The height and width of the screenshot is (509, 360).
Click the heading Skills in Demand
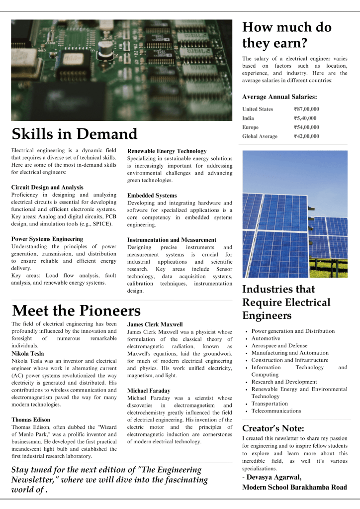pyautogui.click(x=74, y=134)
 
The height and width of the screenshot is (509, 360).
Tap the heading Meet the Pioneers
pyautogui.click(x=76, y=311)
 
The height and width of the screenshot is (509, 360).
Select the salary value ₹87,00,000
pyautogui.click(x=306, y=109)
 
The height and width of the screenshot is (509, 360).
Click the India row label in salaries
pyautogui.click(x=248, y=118)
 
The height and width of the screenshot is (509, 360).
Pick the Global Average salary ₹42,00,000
pyautogui.click(x=306, y=136)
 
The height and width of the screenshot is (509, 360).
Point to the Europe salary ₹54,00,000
pyautogui.click(x=306, y=127)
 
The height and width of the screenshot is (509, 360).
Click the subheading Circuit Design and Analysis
pyautogui.click(x=47, y=187)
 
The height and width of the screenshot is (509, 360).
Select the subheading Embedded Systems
pyautogui.click(x=152, y=196)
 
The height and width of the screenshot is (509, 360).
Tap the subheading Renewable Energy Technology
pyautogui.click(x=167, y=151)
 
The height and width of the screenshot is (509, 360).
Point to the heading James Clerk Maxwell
pyautogui.click(x=155, y=324)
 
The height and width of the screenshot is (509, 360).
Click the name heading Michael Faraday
pyautogui.click(x=149, y=391)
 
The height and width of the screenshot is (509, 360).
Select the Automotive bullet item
pyautogui.click(x=266, y=338)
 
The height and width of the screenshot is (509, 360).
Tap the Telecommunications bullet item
pyautogui.click(x=276, y=411)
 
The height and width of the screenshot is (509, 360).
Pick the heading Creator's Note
pyautogui.click(x=272, y=428)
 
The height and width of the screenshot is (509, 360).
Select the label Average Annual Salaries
pyautogui.click(x=279, y=97)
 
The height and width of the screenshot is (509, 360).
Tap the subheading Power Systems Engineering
pyautogui.click(x=47, y=239)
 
